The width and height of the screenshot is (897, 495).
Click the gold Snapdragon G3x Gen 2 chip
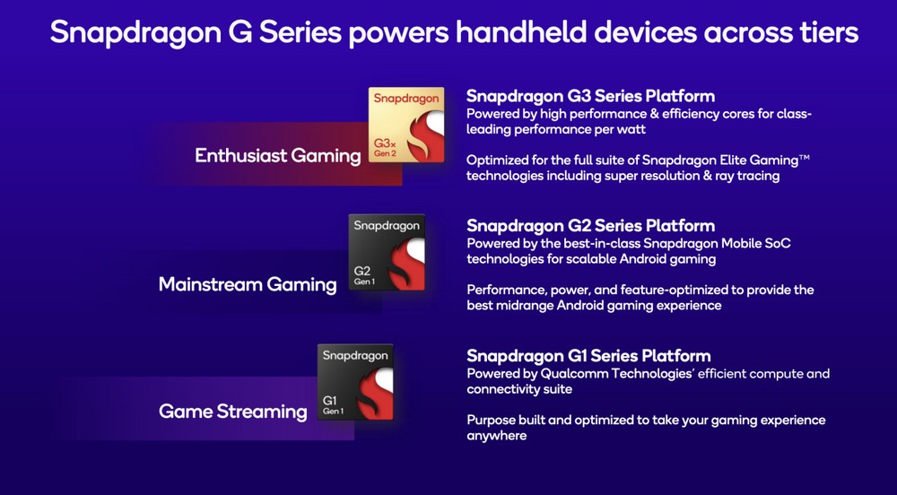[406, 125]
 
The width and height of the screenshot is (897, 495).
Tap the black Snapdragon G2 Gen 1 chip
[387, 252]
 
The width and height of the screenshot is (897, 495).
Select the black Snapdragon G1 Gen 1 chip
[355, 382]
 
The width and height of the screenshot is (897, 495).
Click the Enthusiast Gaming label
[277, 155]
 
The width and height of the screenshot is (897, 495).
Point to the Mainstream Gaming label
[248, 284]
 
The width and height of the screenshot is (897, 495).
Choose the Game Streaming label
[233, 411]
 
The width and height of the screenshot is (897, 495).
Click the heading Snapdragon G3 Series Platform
[590, 96]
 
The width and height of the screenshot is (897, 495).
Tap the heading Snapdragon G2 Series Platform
[590, 225]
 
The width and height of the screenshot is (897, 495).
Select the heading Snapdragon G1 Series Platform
[588, 355]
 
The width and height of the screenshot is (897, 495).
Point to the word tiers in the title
[826, 32]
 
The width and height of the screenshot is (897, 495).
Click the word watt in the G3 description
[629, 129]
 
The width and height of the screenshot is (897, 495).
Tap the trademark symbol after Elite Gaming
[805, 157]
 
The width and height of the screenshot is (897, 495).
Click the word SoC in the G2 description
[777, 243]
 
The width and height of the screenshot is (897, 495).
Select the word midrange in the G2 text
[526, 305]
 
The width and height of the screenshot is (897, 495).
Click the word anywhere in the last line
[497, 436]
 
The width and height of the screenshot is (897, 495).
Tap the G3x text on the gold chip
[385, 143]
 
